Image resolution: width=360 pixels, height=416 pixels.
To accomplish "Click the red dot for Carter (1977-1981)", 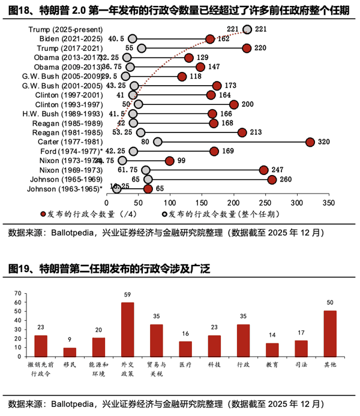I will tap(310, 141).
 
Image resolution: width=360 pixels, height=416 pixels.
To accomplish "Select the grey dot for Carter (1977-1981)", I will tap(158, 141).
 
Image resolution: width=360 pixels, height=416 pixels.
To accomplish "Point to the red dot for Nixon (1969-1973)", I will tap(264, 170).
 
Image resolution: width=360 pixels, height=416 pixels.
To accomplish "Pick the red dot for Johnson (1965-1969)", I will tap(272, 179).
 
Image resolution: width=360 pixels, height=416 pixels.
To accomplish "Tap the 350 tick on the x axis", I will tap(328, 203).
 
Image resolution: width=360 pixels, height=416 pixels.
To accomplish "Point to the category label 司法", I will tap(301, 365).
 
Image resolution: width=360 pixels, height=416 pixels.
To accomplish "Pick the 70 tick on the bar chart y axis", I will tap(17, 294).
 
